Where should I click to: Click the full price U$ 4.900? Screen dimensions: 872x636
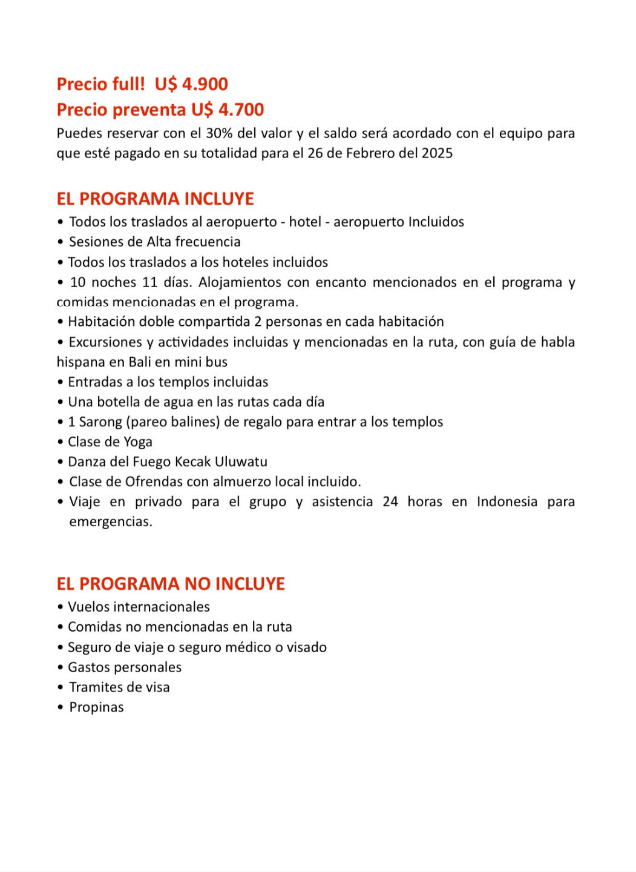191,84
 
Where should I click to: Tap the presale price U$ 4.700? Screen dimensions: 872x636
228,110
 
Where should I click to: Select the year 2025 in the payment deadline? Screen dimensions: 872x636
437,153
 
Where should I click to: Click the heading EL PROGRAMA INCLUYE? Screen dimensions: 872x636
155,199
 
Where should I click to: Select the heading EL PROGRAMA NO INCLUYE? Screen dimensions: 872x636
171,584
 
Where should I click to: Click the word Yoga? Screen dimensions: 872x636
138,442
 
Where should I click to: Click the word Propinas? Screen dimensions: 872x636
96,707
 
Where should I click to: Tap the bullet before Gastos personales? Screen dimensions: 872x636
61,667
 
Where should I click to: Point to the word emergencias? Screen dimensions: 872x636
110,522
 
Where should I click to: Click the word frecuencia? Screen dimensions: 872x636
208,242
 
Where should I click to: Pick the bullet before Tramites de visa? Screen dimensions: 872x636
61,687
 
